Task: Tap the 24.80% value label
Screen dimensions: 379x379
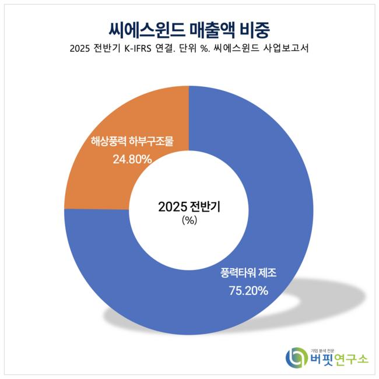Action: click(x=132, y=159)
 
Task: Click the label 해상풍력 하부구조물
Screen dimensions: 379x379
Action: click(x=132, y=141)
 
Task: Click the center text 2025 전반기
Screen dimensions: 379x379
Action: click(x=189, y=206)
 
